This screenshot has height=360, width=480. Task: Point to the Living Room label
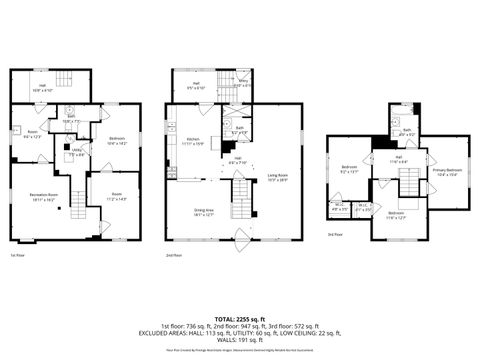pos(277,178)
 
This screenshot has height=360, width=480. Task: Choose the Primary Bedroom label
pos(446,173)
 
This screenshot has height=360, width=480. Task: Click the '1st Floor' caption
pos(16,255)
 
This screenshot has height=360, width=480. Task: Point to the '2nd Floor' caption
pos(172,255)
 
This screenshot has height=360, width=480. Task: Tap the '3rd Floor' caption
pos(334,235)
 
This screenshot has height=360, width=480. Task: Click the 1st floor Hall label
pos(42,87)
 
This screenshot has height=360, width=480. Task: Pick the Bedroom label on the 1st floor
pos(116,141)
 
